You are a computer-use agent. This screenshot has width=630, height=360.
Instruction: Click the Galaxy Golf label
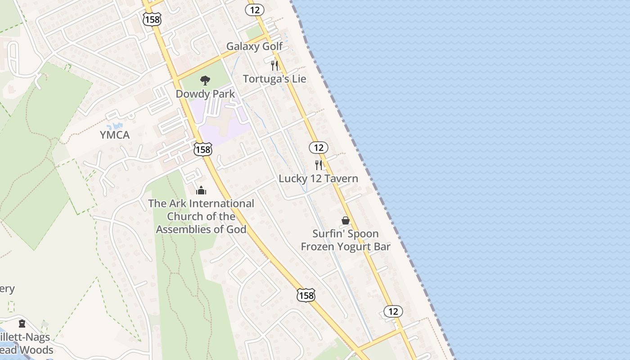pyautogui.click(x=254, y=46)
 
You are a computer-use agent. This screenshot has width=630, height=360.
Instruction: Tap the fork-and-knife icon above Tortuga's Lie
pyautogui.click(x=274, y=66)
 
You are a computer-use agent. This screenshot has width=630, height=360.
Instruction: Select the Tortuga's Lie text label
pyautogui.click(x=274, y=79)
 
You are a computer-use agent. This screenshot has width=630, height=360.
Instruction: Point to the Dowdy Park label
pyautogui.click(x=205, y=94)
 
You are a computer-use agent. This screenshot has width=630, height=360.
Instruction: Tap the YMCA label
pyautogui.click(x=114, y=135)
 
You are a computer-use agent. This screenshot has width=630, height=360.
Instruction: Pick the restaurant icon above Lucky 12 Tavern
pyautogui.click(x=319, y=165)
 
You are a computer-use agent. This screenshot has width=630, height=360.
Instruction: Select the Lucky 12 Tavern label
pyautogui.click(x=318, y=179)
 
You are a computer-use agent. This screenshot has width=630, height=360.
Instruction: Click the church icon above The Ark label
pyautogui.click(x=201, y=190)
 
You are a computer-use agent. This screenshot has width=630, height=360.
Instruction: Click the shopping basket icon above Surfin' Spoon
pyautogui.click(x=346, y=220)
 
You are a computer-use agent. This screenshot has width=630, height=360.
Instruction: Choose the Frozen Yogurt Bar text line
pyautogui.click(x=346, y=247)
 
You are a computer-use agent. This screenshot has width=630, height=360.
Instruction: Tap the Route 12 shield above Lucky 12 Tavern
pyautogui.click(x=318, y=147)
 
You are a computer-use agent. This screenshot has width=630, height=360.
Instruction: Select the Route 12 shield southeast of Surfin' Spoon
pyautogui.click(x=393, y=311)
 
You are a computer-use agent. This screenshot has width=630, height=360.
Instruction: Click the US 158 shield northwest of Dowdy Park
pyautogui.click(x=153, y=19)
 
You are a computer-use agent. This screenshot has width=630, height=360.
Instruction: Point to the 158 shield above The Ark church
pyautogui.click(x=203, y=149)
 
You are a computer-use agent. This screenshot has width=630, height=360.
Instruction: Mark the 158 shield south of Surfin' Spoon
pyautogui.click(x=306, y=295)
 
